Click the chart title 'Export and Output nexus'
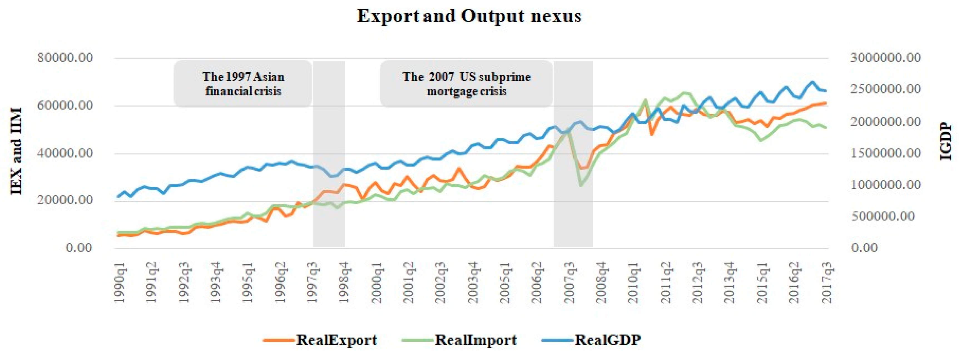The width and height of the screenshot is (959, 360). click(x=469, y=16)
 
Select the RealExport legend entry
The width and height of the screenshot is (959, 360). click(x=336, y=339)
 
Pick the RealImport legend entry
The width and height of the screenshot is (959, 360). click(x=475, y=339)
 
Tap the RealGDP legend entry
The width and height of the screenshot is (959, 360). click(x=607, y=339)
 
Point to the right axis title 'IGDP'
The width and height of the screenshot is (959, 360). click(x=946, y=141)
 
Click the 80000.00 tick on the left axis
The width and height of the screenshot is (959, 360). click(x=65, y=58)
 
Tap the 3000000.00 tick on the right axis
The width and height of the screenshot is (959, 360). click(x=886, y=58)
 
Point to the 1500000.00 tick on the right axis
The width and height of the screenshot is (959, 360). click(x=886, y=153)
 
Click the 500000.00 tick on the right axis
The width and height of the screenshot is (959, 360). click(x=882, y=216)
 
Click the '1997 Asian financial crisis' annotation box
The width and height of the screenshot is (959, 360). click(x=243, y=84)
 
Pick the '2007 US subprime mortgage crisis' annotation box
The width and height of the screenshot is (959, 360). click(x=466, y=84)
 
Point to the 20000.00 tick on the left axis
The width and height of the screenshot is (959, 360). click(x=65, y=201)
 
